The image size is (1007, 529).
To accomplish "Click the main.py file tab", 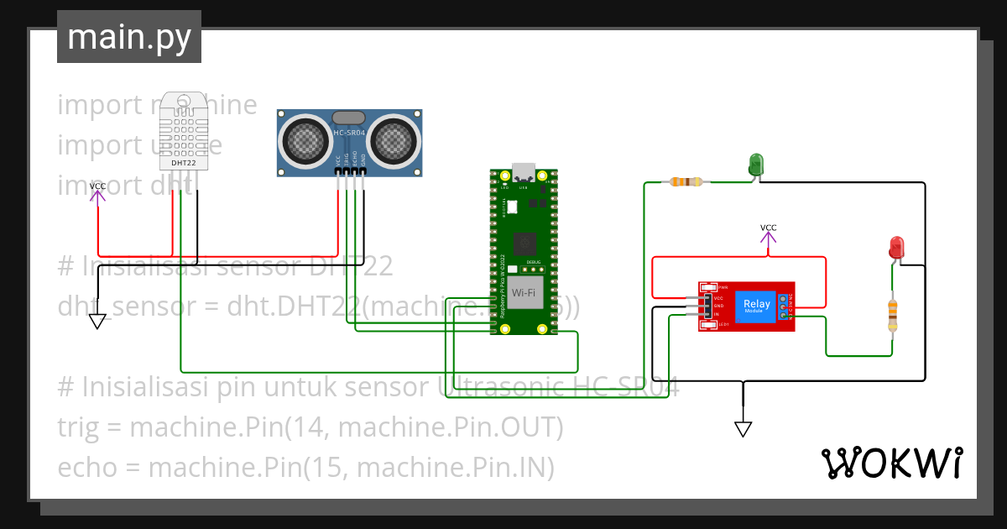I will point(128,37).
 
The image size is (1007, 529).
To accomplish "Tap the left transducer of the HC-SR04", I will point(304,139).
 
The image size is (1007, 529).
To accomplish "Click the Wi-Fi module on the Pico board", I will point(524,292).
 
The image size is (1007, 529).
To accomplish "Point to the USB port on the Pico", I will point(524,171).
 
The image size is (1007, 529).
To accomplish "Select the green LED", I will point(755,164).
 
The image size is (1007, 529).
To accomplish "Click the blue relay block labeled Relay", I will point(756,307).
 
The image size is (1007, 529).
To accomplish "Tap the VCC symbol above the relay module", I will point(768,238).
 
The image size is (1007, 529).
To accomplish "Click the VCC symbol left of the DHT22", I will point(98,192).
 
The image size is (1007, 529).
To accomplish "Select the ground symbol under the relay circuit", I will point(743,428).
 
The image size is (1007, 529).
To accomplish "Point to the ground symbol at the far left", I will point(98,321).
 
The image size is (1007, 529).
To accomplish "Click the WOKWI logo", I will point(891,463).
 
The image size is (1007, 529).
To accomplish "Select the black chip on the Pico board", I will point(524,244).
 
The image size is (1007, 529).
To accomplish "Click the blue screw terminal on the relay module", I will point(784,308).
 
